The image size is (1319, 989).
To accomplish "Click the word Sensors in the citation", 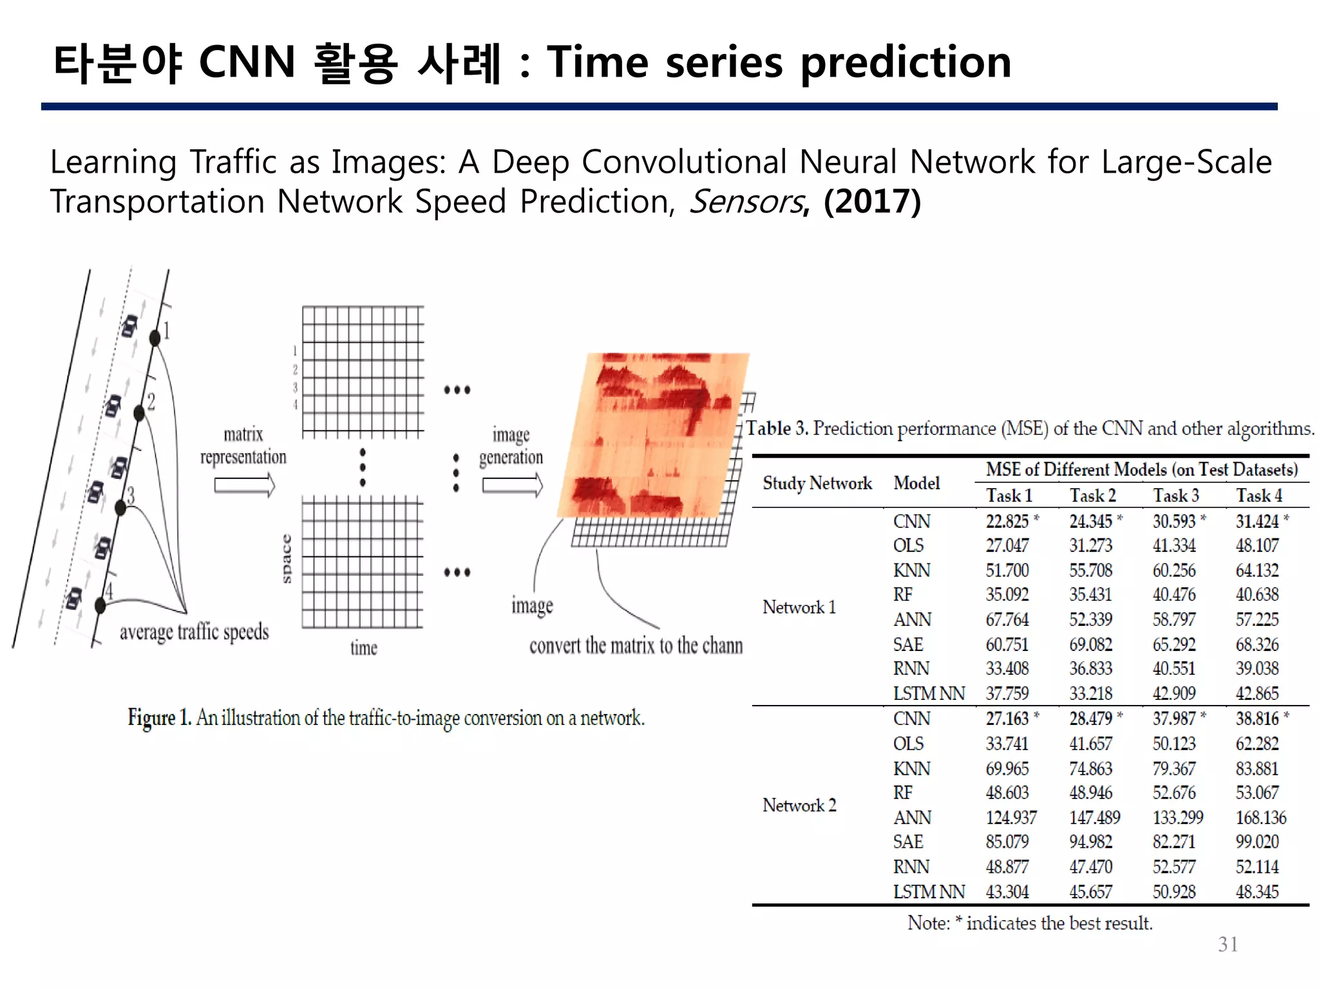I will point(746,202).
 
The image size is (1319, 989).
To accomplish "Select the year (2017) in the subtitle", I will point(872,202).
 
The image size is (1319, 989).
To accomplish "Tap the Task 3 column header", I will point(1175,496).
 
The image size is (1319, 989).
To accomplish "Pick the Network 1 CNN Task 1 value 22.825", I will point(1007,521).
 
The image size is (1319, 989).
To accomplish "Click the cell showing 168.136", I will point(1260,818).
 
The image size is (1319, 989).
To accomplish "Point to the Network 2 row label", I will point(799,805).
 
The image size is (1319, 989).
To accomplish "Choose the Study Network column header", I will point(817,483).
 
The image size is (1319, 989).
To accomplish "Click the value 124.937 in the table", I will point(1011,818).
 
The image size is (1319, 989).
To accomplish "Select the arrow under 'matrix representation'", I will point(244,485).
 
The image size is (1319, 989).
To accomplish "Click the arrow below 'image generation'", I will point(512,485).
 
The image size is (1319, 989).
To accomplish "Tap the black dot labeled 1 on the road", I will point(155,337).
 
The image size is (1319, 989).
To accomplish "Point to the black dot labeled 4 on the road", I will point(100,605).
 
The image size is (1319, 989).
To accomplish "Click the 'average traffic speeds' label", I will point(194,632).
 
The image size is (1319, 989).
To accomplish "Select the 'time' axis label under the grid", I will point(364,648).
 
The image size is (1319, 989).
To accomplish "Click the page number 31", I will point(1228,944).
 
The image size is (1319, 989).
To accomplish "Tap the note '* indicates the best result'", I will point(1030,923).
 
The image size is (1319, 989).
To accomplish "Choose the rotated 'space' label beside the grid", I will point(287,558).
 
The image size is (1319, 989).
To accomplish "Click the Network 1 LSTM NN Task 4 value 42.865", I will point(1257,693).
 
